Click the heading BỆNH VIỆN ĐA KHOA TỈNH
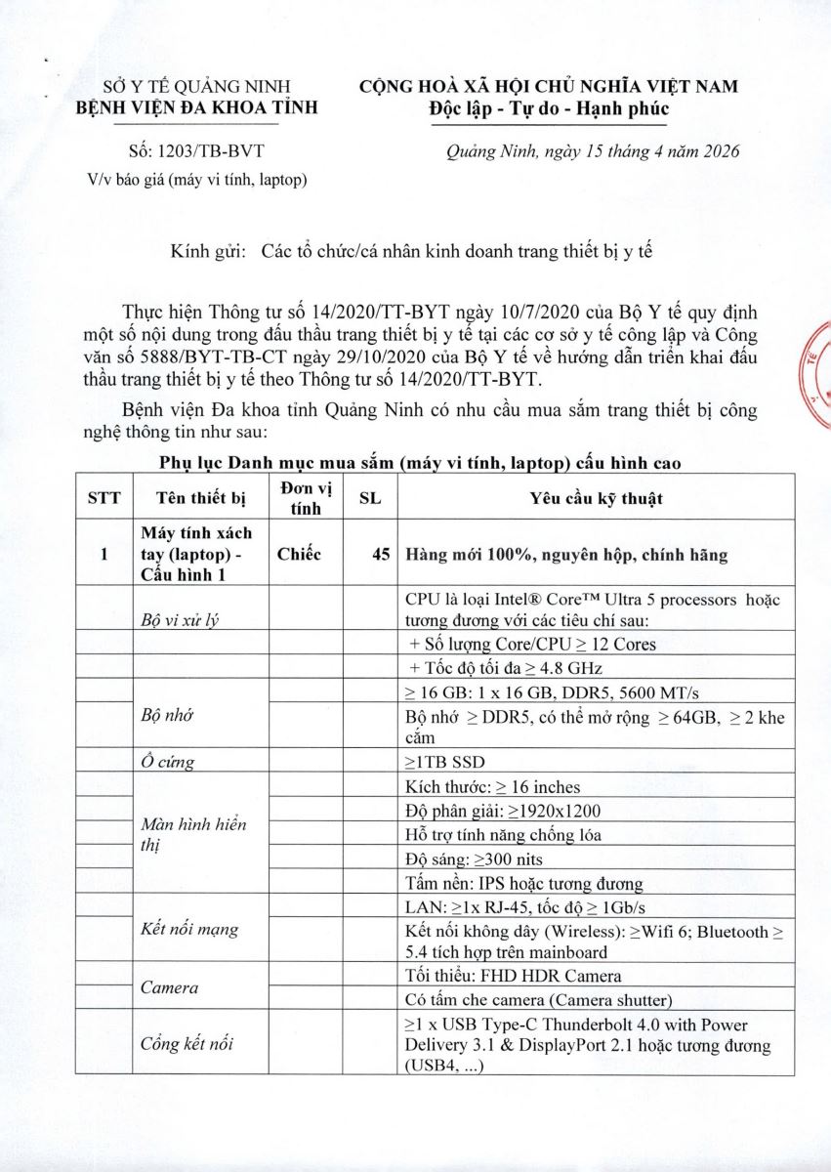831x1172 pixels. (x=196, y=106)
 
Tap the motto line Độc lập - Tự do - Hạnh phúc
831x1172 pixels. (x=549, y=107)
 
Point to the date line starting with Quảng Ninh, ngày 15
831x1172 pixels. (x=592, y=151)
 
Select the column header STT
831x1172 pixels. (x=104, y=498)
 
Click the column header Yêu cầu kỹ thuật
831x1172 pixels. (x=596, y=498)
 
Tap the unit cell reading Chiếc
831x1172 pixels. (x=299, y=554)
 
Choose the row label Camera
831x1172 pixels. (x=169, y=987)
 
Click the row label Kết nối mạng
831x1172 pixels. (x=189, y=928)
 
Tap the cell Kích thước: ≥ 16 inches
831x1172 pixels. (x=491, y=786)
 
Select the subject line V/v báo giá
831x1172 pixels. (x=197, y=179)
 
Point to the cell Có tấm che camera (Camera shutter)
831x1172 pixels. (x=538, y=999)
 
